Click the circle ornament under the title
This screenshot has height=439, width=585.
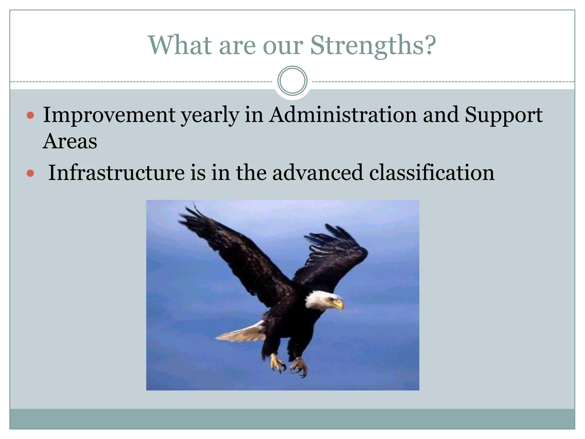tap(292, 81)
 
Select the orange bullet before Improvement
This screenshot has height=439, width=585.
tap(30, 115)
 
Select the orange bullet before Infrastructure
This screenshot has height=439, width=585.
tap(30, 173)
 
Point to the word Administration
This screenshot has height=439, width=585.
tap(343, 115)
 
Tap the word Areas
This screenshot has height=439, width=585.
tap(70, 141)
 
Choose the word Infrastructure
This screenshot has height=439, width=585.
tap(116, 173)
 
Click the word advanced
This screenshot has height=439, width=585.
tap(317, 173)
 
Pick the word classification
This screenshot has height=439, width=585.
tap(431, 173)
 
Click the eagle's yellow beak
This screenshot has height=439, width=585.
tap(338, 305)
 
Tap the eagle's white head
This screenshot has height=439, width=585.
tap(320, 300)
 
